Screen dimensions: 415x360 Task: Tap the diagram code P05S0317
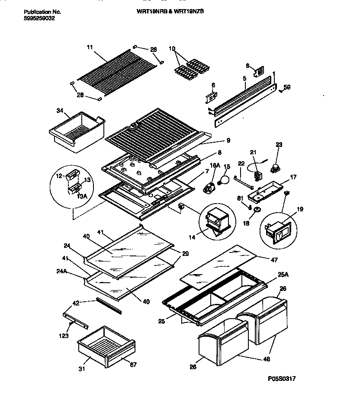point(282,378)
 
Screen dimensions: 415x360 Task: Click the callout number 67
point(133,364)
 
